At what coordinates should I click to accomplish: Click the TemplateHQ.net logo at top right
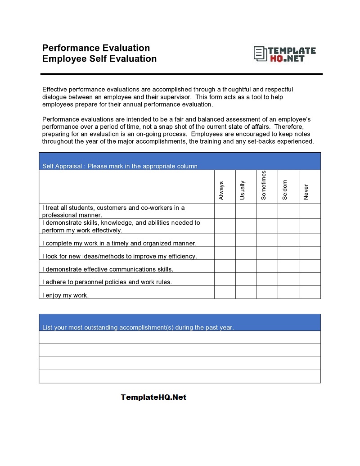point(284,54)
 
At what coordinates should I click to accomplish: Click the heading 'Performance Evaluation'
point(96,48)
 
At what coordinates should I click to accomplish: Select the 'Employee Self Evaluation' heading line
point(99,59)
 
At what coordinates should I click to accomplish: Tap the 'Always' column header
point(221,190)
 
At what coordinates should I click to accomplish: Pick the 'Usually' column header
point(243,190)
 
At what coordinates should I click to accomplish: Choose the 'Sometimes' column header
point(264,185)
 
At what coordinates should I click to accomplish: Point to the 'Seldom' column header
point(285,190)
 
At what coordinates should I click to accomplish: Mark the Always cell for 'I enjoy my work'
point(225,292)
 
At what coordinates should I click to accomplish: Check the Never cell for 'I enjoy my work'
point(310,292)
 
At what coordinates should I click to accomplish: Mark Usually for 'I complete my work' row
point(246,240)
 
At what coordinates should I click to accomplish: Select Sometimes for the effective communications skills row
point(267,266)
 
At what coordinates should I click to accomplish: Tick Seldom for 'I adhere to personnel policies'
point(288,279)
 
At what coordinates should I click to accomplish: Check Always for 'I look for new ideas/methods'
point(225,253)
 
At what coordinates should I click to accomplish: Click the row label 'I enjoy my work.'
point(65,295)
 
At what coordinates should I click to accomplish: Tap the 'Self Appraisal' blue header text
point(120,166)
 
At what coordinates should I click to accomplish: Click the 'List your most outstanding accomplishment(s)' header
point(138,327)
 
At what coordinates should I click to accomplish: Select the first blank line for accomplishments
point(180,337)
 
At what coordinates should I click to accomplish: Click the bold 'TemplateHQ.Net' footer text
point(153,397)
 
